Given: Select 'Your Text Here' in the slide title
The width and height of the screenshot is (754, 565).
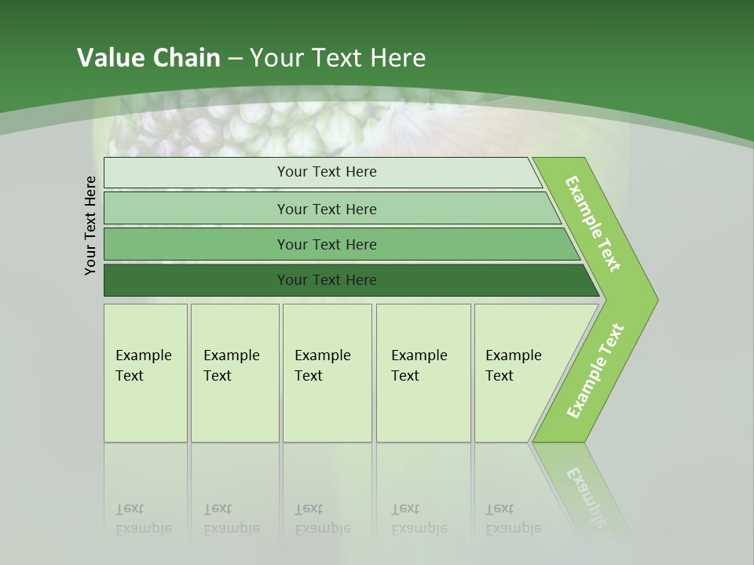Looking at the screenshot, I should coord(338,58).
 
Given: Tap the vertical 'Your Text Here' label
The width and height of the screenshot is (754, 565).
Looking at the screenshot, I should coord(90,225).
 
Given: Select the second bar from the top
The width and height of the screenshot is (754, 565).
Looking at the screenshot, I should coord(327,209).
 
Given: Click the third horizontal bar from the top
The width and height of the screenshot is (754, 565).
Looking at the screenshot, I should coord(327,244).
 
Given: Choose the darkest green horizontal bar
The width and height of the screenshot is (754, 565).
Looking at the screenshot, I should coord(327,280).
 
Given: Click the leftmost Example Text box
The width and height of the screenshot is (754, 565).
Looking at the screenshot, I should coord(145,373).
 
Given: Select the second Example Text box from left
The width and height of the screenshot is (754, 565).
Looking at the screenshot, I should coord(234,373).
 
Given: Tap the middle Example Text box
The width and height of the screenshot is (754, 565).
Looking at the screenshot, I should coord(327,373).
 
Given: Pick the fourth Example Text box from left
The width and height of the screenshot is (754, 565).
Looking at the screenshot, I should coord(423,373).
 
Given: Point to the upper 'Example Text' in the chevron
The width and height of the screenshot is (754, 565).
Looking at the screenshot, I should coord(593,224).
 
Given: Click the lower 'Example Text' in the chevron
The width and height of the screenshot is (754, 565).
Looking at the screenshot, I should coord(595,371).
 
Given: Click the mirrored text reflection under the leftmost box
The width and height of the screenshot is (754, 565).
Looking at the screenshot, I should coord(143,519).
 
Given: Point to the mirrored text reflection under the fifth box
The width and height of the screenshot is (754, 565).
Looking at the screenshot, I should coord(514,519).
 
